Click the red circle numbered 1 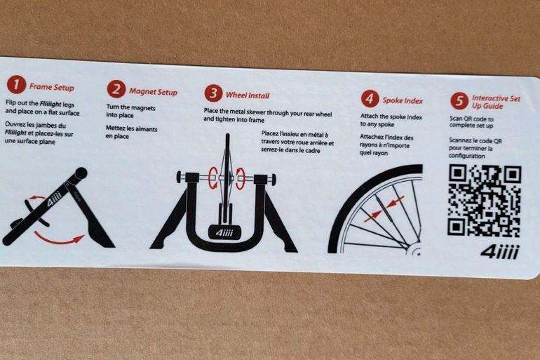pyautogui.click(x=16, y=85)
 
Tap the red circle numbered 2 pyautogui.click(x=116, y=90)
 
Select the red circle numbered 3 pyautogui.click(x=213, y=93)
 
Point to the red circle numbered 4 pyautogui.click(x=370, y=99)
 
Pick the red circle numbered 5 pyautogui.click(x=459, y=101)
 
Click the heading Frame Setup pyautogui.click(x=52, y=87)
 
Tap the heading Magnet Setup pyautogui.click(x=154, y=92)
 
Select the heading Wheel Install pyautogui.click(x=248, y=95)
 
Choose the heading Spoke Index pyautogui.click(x=403, y=100)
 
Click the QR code pyautogui.click(x=484, y=201)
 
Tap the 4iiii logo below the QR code pyautogui.click(x=499, y=252)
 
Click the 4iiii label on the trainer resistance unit pyautogui.click(x=224, y=233)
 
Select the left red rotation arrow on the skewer pyautogui.click(x=213, y=178)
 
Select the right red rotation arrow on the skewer pyautogui.click(x=240, y=178)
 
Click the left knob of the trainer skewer pyautogui.click(x=179, y=178)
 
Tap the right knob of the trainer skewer pyautogui.click(x=274, y=179)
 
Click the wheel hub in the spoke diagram pyautogui.click(x=415, y=250)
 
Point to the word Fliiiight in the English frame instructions pyautogui.click(x=50, y=104)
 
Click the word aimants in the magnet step pyautogui.click(x=146, y=129)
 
